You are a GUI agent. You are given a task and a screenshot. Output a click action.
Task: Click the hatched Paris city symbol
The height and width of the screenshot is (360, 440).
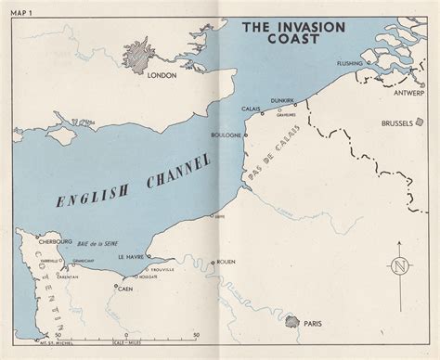coord(292,322)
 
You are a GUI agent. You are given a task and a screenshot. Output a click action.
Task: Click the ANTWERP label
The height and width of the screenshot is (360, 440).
coord(409,92)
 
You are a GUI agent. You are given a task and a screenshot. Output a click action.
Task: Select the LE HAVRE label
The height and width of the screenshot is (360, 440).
coord(131,257)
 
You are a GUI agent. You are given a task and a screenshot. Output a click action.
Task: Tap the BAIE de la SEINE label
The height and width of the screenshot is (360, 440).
coord(96,245)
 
